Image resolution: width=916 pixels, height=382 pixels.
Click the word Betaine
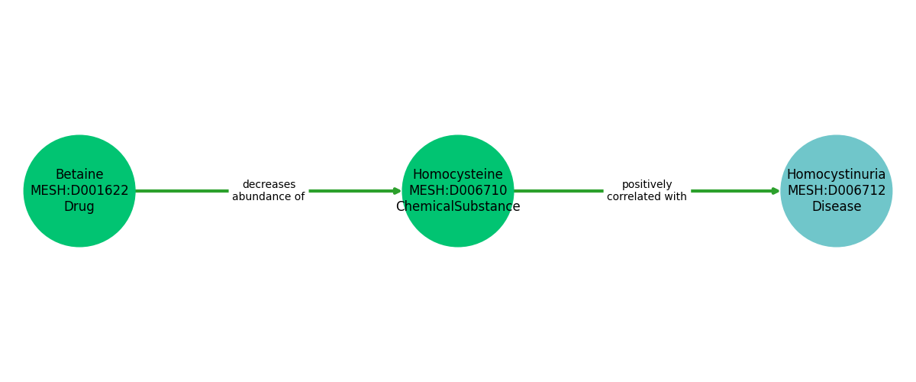point(79,175)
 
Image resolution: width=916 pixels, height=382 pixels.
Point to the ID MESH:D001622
point(79,191)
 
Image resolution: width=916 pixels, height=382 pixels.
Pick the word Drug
point(79,207)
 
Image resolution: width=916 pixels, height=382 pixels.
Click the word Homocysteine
point(458,175)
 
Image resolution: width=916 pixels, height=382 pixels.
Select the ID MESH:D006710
point(458,191)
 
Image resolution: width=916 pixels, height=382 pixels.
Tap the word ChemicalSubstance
point(458,207)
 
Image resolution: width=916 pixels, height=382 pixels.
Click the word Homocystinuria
point(837,175)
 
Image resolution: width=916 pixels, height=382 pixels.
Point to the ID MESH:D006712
point(837,191)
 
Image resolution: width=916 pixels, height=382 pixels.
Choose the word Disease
point(837,207)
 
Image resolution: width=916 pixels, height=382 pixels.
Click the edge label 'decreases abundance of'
point(269,191)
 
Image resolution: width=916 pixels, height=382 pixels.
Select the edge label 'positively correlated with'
point(647,191)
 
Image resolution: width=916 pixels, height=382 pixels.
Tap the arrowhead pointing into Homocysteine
point(397,191)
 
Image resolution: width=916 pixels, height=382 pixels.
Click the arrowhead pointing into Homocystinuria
point(776,191)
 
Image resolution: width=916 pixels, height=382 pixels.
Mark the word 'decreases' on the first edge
point(269,185)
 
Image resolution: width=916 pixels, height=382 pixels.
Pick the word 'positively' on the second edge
point(647,185)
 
